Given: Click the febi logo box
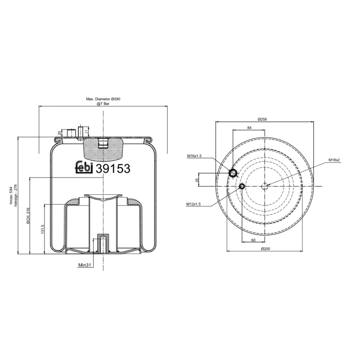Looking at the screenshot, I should coord(83,167).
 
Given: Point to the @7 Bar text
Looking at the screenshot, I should coord(103,104).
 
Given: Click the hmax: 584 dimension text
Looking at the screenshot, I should coord(11,195).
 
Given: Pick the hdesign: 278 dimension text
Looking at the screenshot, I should coord(16,195).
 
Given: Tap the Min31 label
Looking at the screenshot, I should coord(85,265).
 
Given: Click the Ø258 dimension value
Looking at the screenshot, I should coord(262,119).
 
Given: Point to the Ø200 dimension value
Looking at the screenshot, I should coord(264,249).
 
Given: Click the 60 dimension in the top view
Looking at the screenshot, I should coord(253,240).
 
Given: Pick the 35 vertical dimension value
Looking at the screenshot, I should coord(197,180).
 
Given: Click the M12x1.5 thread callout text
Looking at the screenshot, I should coord(193,204).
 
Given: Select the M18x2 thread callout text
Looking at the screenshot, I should coord(334,160).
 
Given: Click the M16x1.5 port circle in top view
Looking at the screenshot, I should coord(233,173).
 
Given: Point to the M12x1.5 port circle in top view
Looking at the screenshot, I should coord(242,186).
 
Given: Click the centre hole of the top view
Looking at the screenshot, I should coord(265,186).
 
